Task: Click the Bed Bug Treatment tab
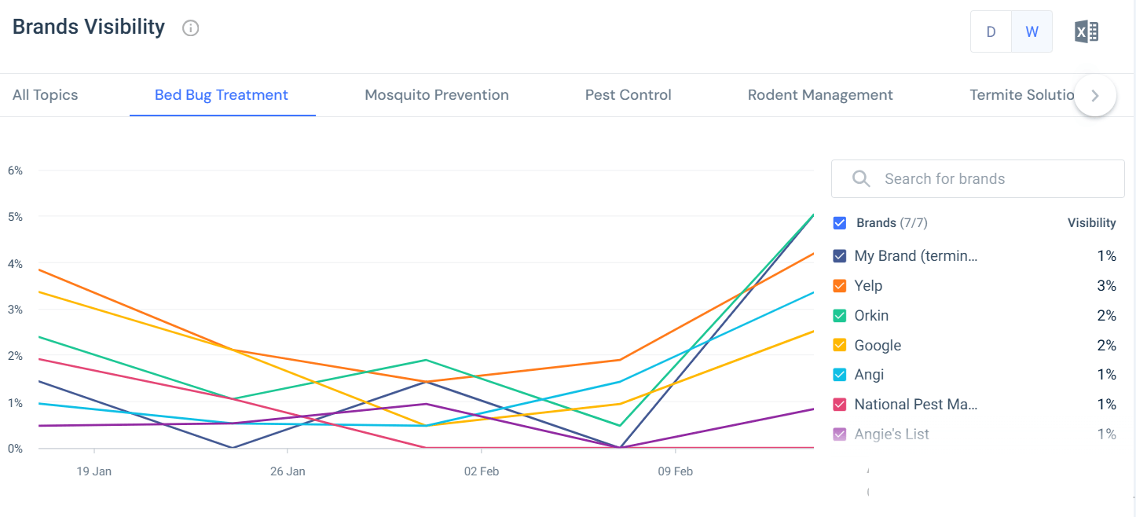click(222, 95)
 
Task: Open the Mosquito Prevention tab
click(437, 95)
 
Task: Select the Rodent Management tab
click(820, 95)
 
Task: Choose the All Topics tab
click(46, 95)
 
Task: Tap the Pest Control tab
click(628, 95)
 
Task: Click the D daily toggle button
click(991, 31)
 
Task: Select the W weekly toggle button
click(1032, 31)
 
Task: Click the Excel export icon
click(1087, 31)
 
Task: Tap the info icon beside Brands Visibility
click(190, 28)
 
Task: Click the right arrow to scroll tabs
click(1095, 96)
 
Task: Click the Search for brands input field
click(978, 179)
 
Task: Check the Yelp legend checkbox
click(840, 286)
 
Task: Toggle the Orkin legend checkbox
click(840, 316)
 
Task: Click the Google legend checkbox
click(840, 346)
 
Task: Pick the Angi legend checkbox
click(840, 376)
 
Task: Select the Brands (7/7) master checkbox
click(840, 223)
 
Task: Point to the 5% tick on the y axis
click(14, 216)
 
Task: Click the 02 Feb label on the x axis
click(482, 471)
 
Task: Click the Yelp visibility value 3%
click(1106, 286)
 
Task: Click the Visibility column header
click(1091, 223)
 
